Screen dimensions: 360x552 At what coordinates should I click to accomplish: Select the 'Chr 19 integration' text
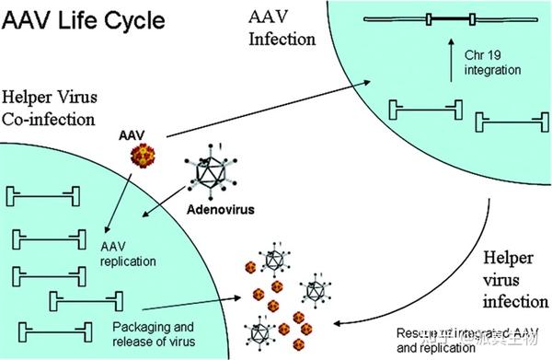tap(498, 64)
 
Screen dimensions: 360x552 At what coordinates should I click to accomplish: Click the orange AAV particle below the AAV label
tap(134, 162)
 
